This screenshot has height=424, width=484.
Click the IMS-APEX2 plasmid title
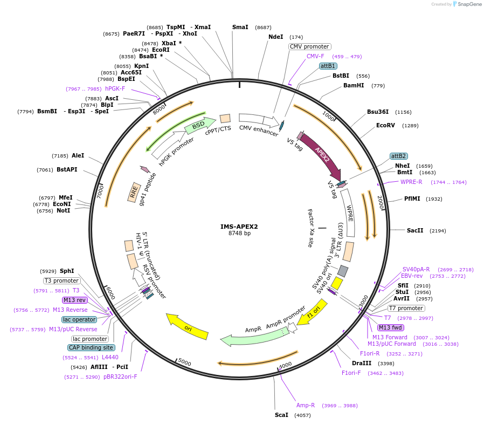[x=239, y=227]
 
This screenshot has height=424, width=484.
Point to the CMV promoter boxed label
[x=309, y=47]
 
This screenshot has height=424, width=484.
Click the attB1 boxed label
[x=328, y=66]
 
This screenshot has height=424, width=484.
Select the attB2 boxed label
[x=398, y=156]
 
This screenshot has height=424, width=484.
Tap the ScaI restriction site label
[x=281, y=415]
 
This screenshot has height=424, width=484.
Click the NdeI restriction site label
[x=275, y=37]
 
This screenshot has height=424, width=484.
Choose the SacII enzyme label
[x=415, y=230]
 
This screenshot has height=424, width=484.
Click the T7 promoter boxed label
[x=406, y=308]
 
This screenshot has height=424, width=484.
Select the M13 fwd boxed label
[x=391, y=327]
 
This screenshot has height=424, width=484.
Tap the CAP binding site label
[x=91, y=347]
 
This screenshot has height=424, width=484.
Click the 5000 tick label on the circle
[x=184, y=363]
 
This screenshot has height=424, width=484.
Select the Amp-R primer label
[x=305, y=405]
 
